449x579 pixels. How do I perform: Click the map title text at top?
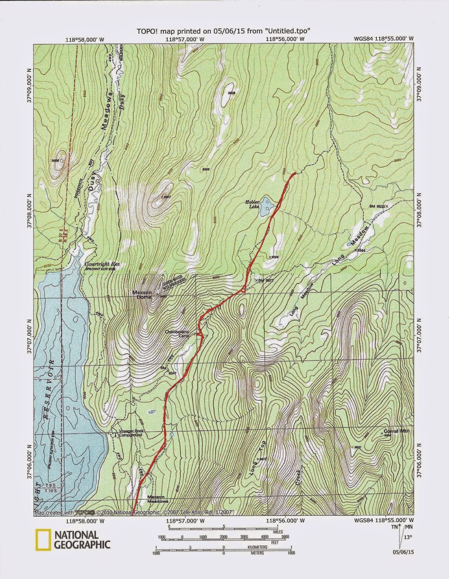pyautogui.click(x=223, y=31)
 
